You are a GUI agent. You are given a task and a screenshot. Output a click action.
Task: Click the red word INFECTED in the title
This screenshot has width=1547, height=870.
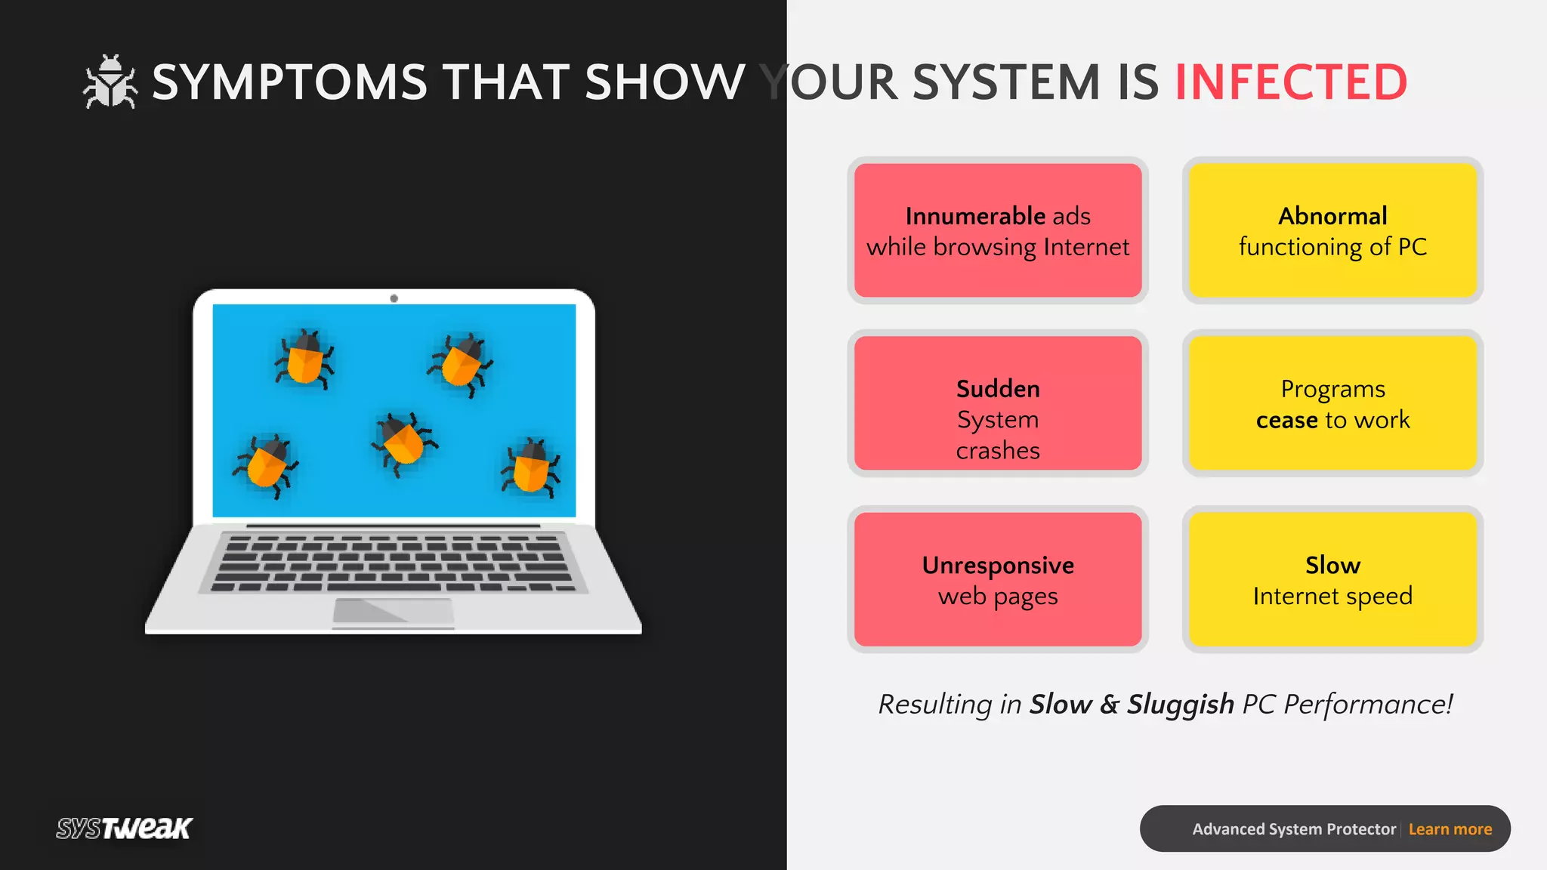[1291, 82]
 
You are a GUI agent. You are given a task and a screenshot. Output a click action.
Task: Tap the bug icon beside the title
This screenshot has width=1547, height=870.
[110, 82]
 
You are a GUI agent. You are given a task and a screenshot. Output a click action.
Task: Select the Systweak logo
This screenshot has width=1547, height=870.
[125, 828]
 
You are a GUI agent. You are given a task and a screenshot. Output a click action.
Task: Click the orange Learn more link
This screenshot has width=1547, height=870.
[1450, 829]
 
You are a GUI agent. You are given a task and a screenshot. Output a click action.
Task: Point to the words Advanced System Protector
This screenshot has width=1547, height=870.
[1294, 829]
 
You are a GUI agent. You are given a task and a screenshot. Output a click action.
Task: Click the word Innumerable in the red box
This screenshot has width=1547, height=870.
[975, 217]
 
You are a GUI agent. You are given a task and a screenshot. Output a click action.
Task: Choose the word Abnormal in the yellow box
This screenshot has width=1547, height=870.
[1332, 217]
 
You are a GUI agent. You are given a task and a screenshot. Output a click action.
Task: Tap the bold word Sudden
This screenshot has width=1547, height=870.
[998, 389]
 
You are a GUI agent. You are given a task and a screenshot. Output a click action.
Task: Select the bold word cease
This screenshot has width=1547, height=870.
[1286, 420]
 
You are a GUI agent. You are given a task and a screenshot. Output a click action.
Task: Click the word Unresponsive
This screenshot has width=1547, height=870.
[998, 566]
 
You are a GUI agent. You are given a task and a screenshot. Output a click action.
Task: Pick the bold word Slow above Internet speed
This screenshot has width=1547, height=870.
[1332, 566]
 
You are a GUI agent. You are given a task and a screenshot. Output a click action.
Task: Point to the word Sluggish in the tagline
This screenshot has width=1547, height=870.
[1180, 705]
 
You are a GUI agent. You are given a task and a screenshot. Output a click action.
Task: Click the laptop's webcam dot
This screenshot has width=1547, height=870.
[394, 298]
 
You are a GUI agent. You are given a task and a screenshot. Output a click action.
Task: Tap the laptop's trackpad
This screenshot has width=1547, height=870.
[393, 611]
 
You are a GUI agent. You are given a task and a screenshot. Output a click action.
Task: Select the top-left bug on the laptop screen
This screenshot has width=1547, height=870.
[305, 359]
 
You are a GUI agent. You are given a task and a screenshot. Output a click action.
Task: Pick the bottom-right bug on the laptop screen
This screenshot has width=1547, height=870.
[531, 467]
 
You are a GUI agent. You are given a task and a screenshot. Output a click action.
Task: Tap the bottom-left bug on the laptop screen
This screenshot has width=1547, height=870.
[266, 464]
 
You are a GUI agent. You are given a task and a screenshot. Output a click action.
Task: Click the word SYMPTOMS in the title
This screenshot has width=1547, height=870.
[290, 82]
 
